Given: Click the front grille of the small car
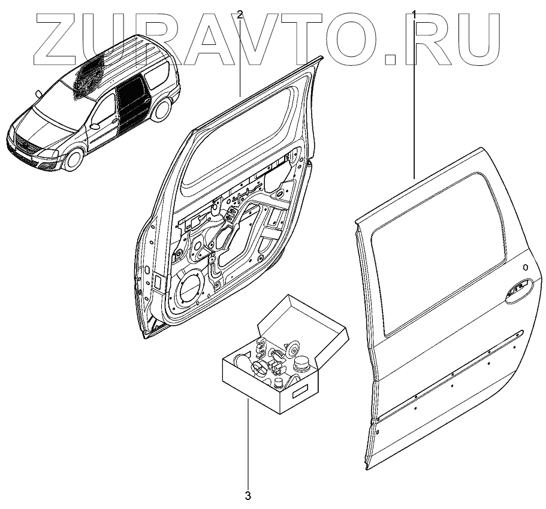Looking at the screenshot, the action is pos(25,146).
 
